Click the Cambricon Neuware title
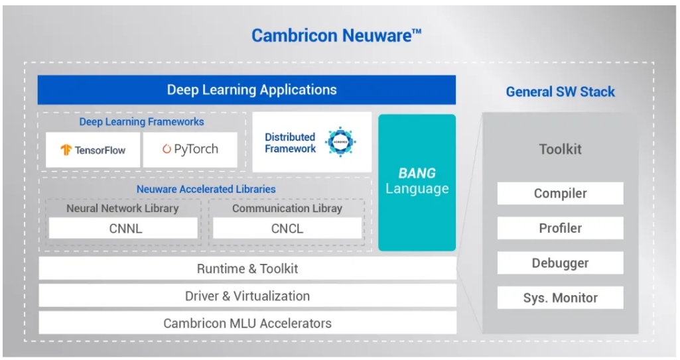pyautogui.click(x=336, y=36)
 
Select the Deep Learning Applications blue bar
pyautogui.click(x=246, y=90)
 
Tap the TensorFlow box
pyautogui.click(x=93, y=150)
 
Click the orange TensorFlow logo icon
pyautogui.click(x=66, y=150)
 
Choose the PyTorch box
pyautogui.click(x=190, y=150)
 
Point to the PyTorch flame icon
pyautogui.click(x=167, y=149)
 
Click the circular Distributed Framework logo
pyautogui.click(x=340, y=142)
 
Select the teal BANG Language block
pyautogui.click(x=417, y=182)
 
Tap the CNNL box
pyautogui.click(x=123, y=228)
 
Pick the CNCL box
pyautogui.click(x=287, y=228)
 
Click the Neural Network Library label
pyautogui.click(x=122, y=208)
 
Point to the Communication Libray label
pyautogui.click(x=287, y=208)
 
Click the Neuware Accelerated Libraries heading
pyautogui.click(x=206, y=190)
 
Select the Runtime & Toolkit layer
pyautogui.click(x=247, y=268)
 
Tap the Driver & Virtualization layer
pyautogui.click(x=247, y=296)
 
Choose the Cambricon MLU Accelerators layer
pyautogui.click(x=247, y=323)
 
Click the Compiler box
pyautogui.click(x=561, y=193)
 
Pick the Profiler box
pyautogui.click(x=561, y=228)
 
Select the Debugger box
pyautogui.click(x=561, y=263)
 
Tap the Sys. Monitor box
pyautogui.click(x=561, y=298)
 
